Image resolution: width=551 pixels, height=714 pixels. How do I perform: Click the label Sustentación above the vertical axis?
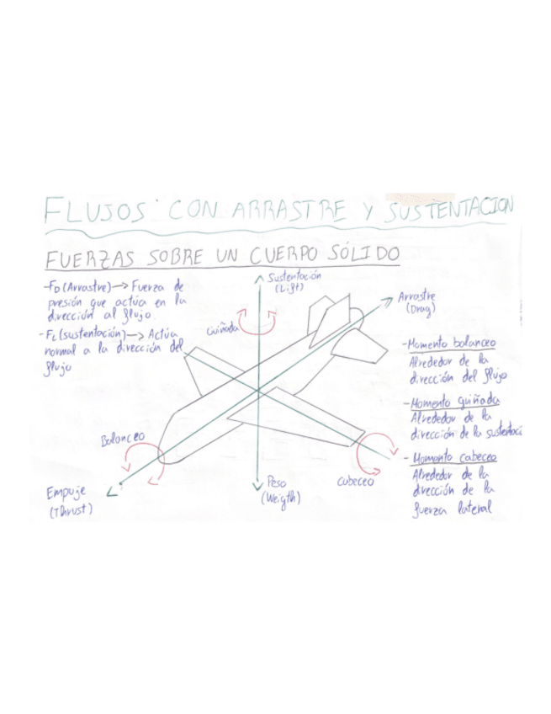coord(294,278)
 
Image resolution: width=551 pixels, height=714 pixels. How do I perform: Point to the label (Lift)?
coord(287,289)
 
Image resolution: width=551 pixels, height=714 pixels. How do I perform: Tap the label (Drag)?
coord(418,310)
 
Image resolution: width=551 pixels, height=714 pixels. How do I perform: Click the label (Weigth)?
coord(280,498)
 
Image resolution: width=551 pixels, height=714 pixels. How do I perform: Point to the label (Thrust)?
coord(71,510)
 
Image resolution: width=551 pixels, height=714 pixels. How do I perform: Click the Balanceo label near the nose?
coord(123,440)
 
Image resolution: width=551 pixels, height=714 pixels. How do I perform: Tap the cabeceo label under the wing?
coord(355,481)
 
